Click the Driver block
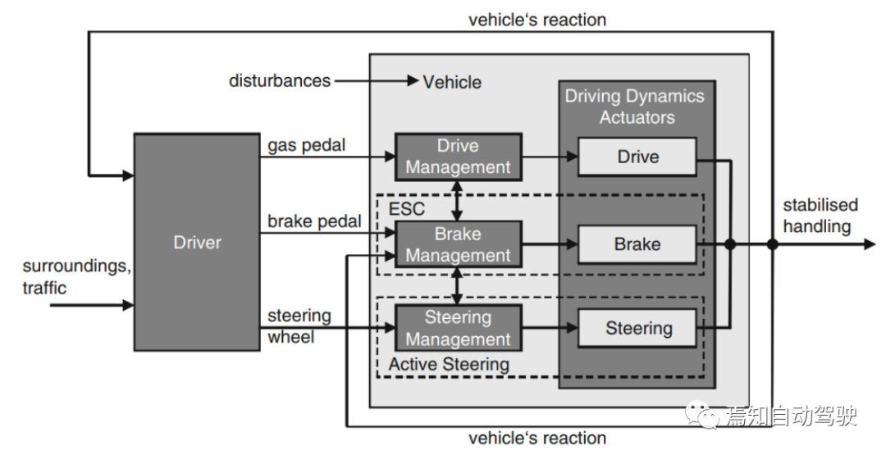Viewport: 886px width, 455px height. (x=197, y=242)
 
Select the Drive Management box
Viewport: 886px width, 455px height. (x=458, y=157)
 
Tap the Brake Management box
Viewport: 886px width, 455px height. (x=458, y=244)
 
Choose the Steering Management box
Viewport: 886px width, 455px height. (x=458, y=328)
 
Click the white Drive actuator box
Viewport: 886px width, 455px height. (x=637, y=157)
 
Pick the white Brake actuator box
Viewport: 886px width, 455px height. (x=637, y=244)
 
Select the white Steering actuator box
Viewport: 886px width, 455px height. (x=637, y=328)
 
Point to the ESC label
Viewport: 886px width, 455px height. (x=406, y=208)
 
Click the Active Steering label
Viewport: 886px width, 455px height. (x=449, y=364)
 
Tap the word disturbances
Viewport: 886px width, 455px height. (x=280, y=80)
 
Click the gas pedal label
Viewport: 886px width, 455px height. (x=306, y=146)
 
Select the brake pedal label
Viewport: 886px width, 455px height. (x=314, y=221)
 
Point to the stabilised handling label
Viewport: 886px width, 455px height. (x=820, y=215)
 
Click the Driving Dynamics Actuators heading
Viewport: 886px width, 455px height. (x=635, y=106)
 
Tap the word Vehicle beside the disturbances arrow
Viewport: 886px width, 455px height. (x=452, y=83)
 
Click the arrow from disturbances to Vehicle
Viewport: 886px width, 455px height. (x=377, y=80)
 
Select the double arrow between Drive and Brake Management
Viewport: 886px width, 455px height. (x=457, y=201)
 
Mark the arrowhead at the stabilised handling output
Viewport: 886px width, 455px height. (x=869, y=244)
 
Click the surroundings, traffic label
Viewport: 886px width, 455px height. (x=77, y=276)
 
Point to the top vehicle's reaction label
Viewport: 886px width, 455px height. (x=537, y=20)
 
